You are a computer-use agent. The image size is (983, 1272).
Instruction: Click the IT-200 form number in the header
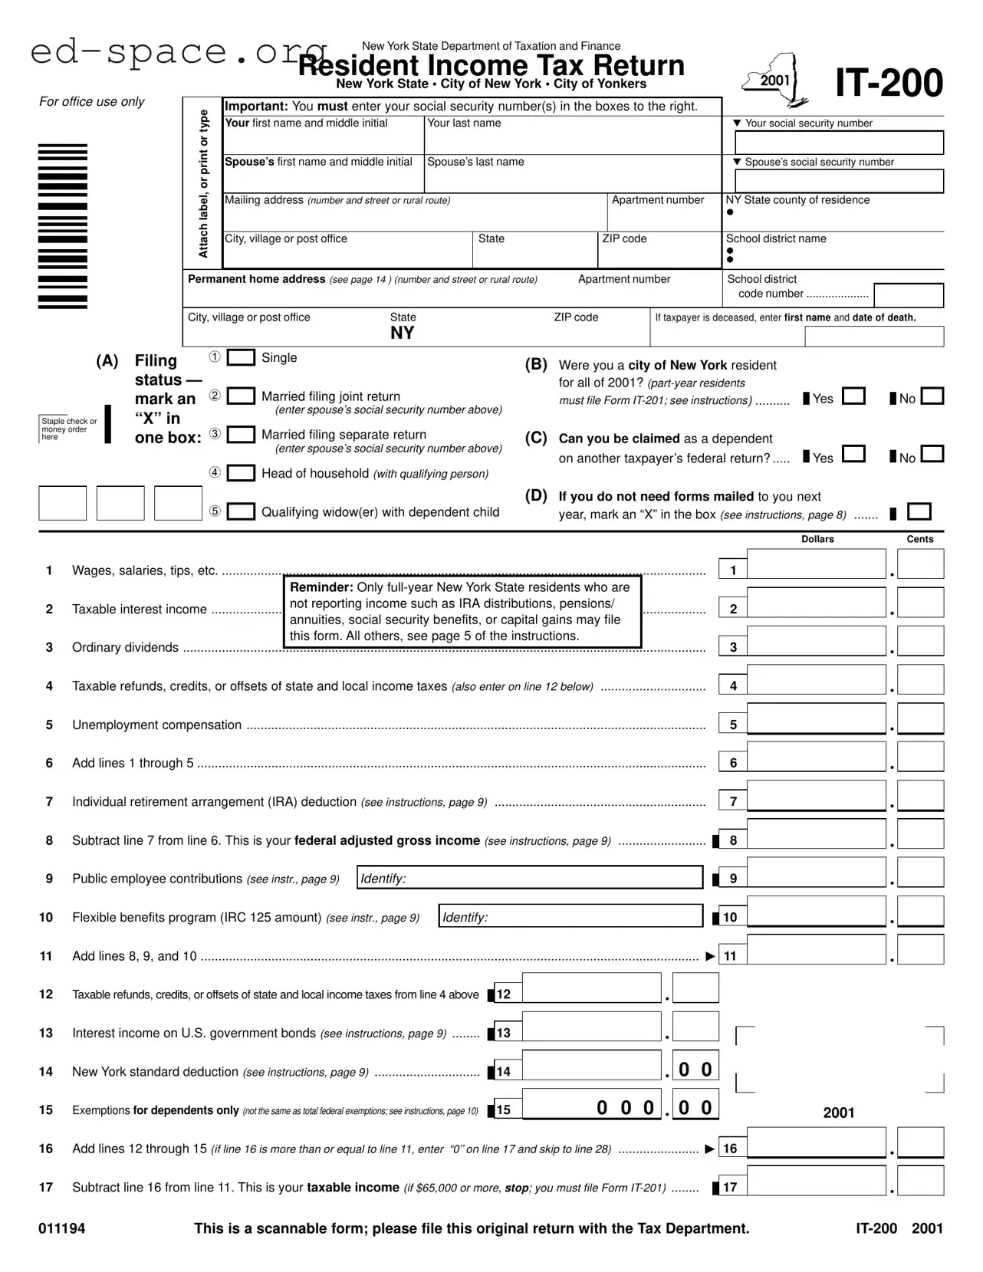889,83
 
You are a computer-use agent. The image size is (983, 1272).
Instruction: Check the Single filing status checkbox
241,358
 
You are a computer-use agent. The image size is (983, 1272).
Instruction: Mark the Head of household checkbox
241,473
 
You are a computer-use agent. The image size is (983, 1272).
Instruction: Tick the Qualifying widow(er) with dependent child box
241,511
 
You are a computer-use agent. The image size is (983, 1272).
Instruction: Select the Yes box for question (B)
853,396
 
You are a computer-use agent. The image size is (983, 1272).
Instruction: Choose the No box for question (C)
932,455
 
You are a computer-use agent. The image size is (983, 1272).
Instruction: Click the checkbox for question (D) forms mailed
919,511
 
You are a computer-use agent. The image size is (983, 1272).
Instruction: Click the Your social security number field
839,143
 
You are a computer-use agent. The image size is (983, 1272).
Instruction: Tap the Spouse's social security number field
839,181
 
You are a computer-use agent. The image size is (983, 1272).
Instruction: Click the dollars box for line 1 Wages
816,564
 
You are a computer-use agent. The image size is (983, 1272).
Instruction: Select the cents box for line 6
920,757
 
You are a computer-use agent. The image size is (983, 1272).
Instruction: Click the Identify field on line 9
530,878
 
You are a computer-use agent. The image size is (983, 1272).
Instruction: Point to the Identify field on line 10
571,916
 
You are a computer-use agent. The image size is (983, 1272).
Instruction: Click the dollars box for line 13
590,1027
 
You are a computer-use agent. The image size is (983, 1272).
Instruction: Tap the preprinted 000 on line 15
625,1108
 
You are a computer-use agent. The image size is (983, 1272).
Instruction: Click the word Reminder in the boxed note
321,587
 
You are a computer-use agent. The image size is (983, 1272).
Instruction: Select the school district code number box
908,295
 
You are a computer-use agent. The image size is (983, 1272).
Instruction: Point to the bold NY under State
402,333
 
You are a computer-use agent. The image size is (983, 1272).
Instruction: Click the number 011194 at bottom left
62,1228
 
